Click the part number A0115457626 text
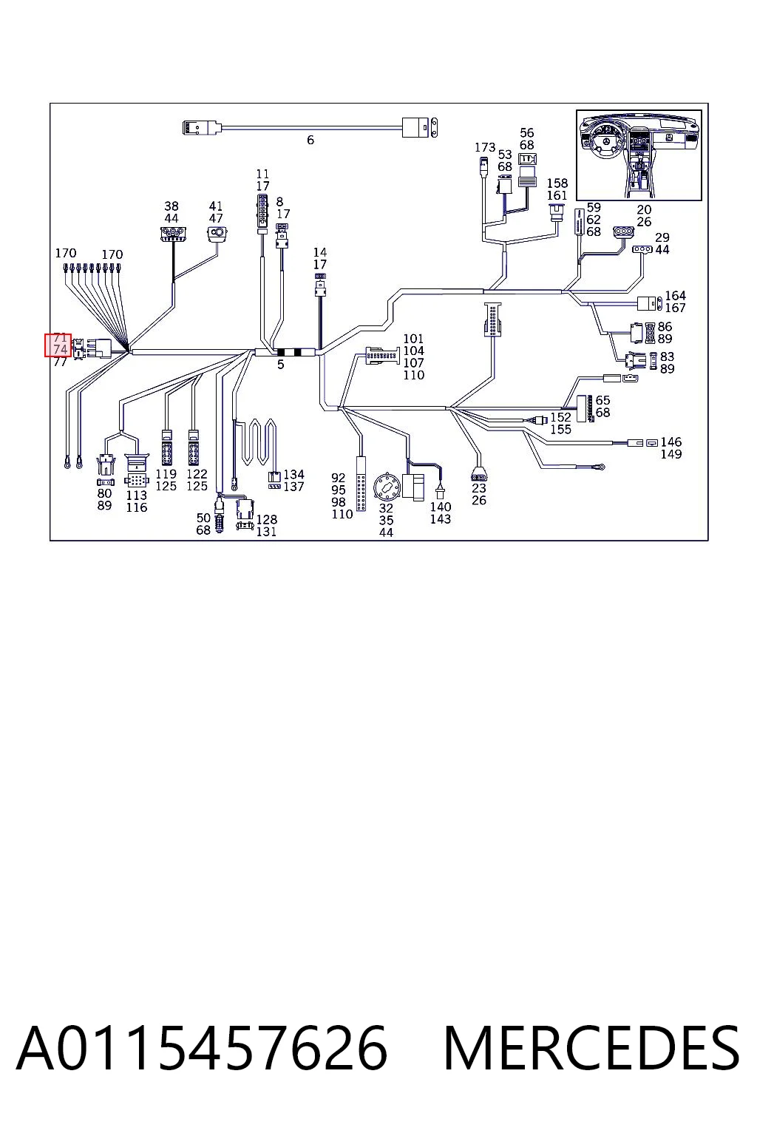pos(202,1048)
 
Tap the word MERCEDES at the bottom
pos(591,1048)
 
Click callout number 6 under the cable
pos(310,140)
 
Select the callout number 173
pos(485,148)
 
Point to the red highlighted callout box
pos(58,345)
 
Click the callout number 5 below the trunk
pos(280,365)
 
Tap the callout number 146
pos(671,442)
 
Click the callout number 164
pos(676,296)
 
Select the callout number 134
pos(294,475)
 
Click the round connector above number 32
pos(387,488)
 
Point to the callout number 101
pos(413,339)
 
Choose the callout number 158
pos(557,183)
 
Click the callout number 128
pos(267,520)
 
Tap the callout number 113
pos(136,496)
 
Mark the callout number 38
pos(172,206)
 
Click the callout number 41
pos(216,206)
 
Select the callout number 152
pos(561,417)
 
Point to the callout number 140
pos(441,507)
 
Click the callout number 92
pos(338,479)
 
